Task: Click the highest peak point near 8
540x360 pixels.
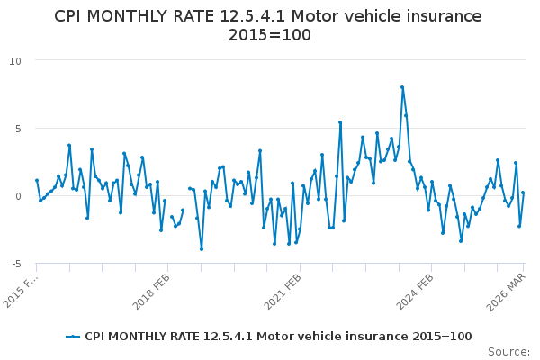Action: pos(402,87)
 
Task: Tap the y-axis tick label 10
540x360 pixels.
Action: pos(15,60)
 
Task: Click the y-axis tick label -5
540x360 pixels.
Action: pos(15,263)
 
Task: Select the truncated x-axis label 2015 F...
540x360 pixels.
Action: pos(22,288)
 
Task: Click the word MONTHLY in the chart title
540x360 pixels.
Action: pos(131,16)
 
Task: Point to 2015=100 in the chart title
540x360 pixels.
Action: pos(270,35)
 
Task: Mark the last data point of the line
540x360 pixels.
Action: pos(523,193)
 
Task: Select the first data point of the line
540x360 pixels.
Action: pos(37,180)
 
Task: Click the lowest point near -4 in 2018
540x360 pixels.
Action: pos(202,249)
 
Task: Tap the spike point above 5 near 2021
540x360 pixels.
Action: pos(340,122)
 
